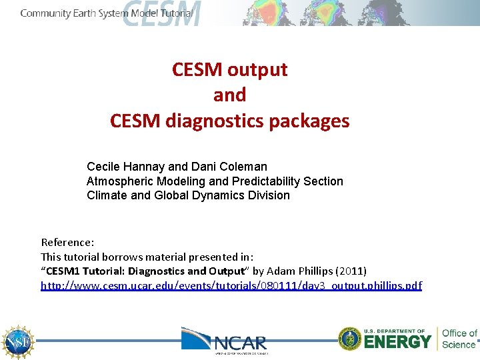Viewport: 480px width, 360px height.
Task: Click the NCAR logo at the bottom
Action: pos(225,340)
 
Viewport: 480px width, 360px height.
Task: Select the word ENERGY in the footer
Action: pos(398,342)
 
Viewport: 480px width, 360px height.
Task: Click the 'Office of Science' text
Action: pos(459,339)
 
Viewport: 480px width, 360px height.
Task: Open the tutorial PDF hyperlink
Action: pos(231,285)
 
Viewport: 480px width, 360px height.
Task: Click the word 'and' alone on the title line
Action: pos(229,95)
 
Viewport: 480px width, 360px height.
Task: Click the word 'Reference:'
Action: pos(67,242)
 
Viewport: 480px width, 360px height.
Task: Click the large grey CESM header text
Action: pos(161,13)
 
